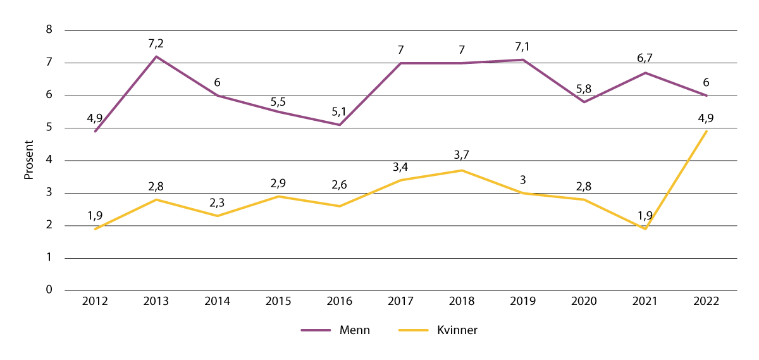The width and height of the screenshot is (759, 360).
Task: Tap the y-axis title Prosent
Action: click(28, 161)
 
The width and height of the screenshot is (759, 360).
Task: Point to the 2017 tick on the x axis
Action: click(400, 301)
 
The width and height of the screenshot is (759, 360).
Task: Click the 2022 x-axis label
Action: click(706, 301)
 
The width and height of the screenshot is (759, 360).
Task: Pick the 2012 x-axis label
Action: click(95, 301)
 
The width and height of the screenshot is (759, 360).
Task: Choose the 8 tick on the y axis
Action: click(49, 30)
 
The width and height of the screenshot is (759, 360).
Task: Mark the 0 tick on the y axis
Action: click(49, 290)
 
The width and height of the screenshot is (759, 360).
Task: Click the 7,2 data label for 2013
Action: click(156, 44)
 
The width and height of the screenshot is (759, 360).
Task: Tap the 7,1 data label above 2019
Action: click(522, 47)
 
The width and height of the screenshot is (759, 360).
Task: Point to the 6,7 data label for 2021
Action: click(645, 60)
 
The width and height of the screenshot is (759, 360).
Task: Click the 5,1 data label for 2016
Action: click(340, 112)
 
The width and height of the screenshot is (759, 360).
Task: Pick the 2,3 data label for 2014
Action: click(217, 203)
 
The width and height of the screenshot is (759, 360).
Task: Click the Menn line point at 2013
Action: click(156, 57)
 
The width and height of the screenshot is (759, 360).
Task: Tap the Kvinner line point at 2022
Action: click(706, 131)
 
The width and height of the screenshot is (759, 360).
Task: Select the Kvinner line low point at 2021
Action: click(645, 228)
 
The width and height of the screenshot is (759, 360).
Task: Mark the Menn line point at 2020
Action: click(584, 102)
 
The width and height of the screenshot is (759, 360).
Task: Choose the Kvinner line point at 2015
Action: click(278, 196)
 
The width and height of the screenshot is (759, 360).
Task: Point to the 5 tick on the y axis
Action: click(49, 128)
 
